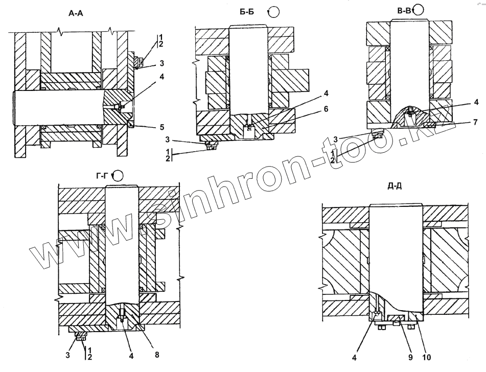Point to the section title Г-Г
coord(102,175)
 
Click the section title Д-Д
coord(395,185)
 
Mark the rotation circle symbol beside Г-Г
coord(118,176)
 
